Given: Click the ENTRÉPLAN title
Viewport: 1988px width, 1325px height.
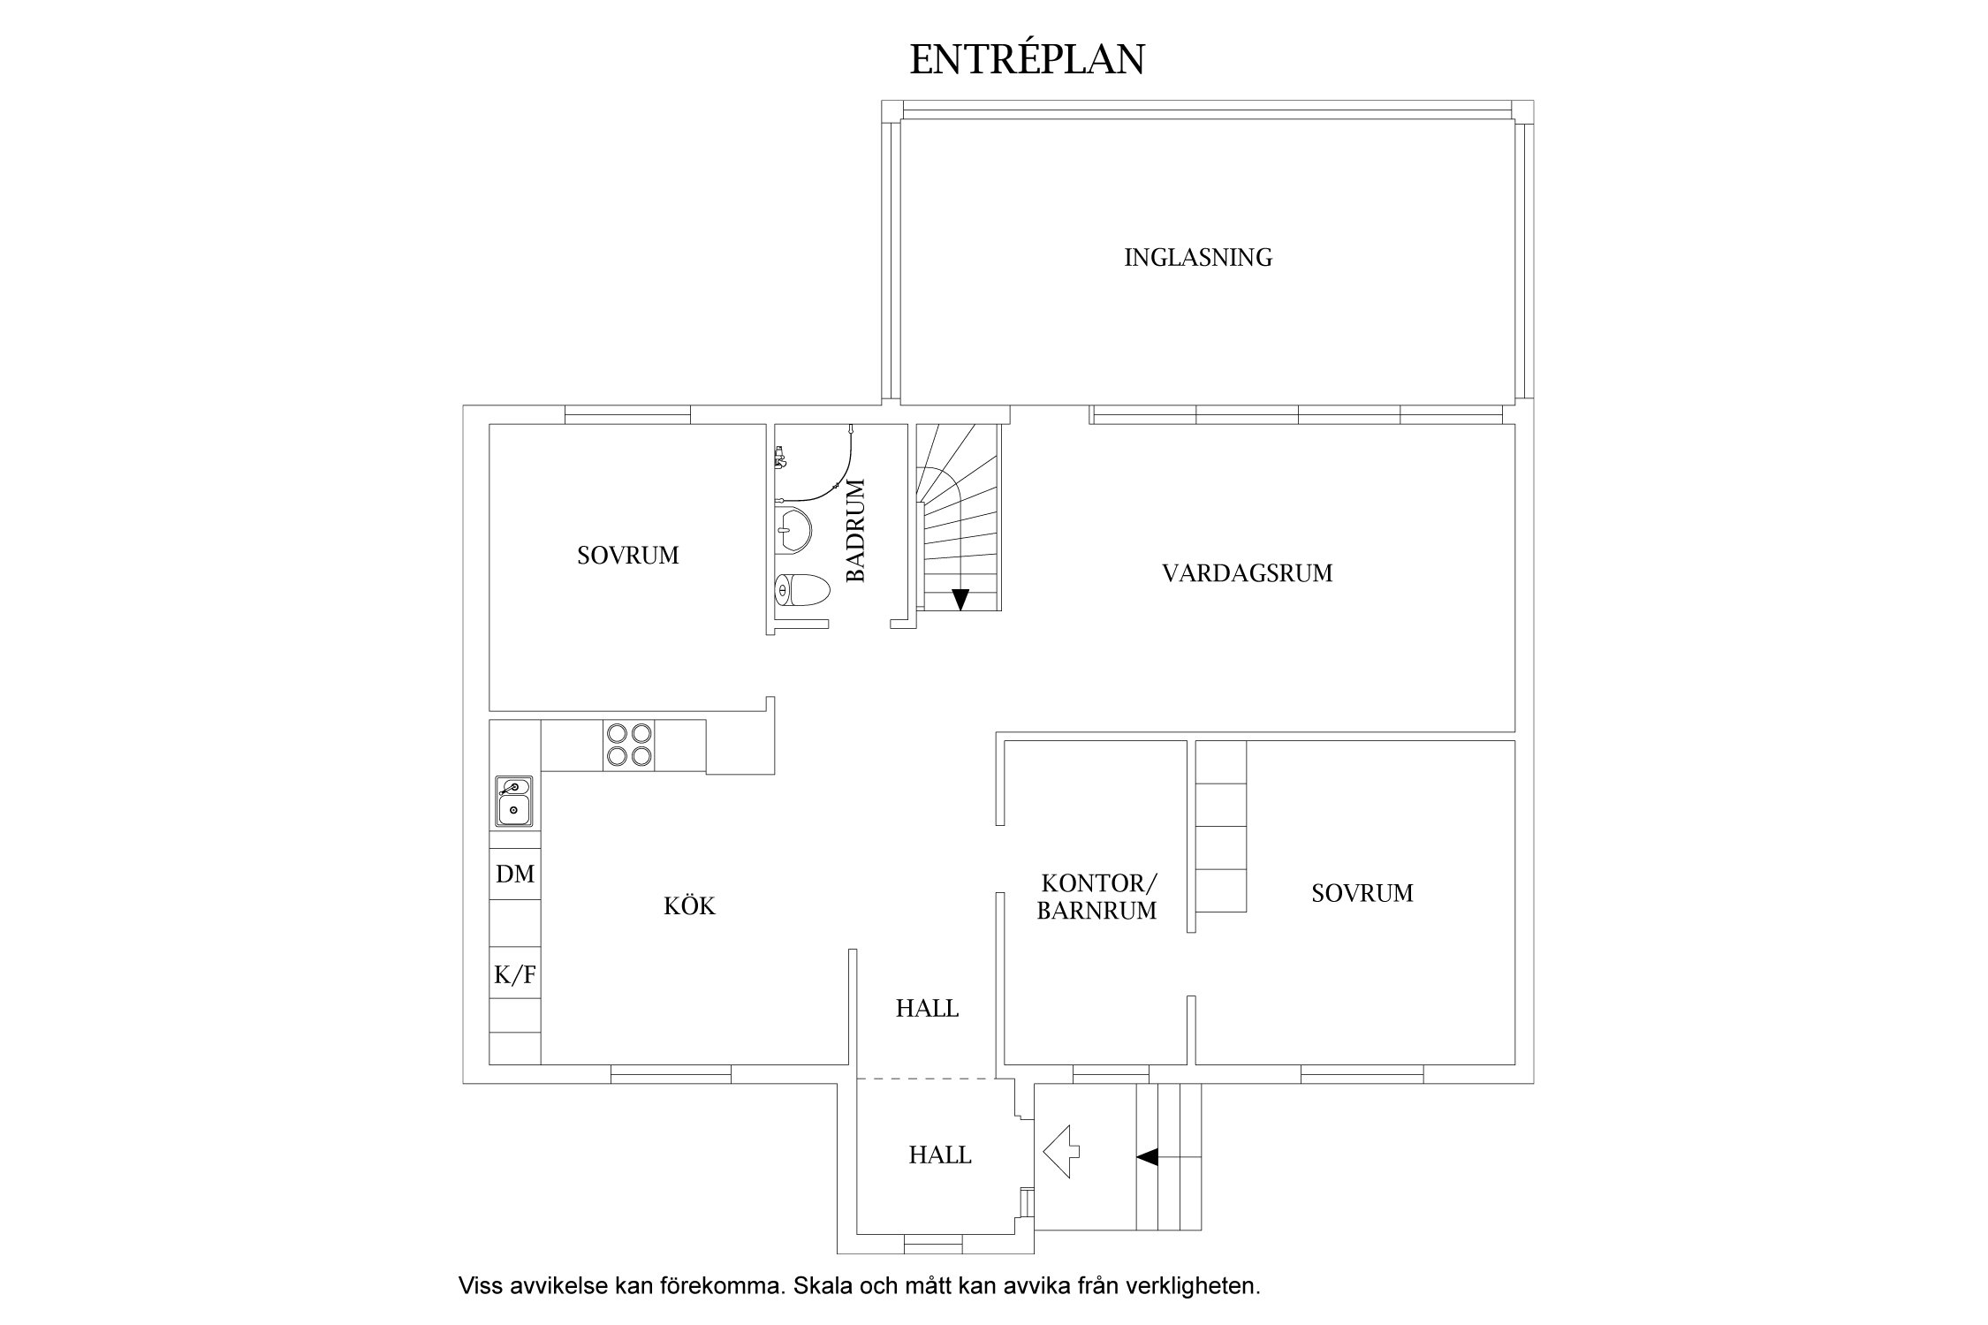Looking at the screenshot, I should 1027,59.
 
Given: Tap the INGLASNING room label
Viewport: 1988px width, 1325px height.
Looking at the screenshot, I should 1197,258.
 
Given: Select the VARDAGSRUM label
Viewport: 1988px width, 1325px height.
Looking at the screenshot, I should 1247,573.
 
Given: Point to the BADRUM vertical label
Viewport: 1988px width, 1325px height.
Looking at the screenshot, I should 856,530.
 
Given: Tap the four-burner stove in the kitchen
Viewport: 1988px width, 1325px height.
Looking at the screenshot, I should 628,745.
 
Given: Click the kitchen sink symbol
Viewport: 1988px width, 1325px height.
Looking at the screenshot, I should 513,800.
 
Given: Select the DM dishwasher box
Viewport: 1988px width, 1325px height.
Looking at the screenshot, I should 515,874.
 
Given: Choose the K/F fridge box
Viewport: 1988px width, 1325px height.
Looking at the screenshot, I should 515,974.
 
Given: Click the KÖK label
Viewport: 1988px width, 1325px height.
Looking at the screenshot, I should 689,906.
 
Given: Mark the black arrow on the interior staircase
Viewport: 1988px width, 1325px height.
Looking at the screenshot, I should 960,599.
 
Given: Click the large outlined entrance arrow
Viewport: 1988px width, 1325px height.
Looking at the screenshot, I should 1061,1151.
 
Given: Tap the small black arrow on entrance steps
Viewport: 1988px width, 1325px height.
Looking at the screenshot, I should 1147,1156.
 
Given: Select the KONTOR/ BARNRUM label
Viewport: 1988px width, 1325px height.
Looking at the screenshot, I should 1096,897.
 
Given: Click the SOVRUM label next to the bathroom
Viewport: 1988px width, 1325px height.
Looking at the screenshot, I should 627,556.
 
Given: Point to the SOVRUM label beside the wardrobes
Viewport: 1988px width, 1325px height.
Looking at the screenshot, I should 1362,894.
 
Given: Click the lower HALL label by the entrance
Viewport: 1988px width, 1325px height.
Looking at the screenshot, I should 939,1155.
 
